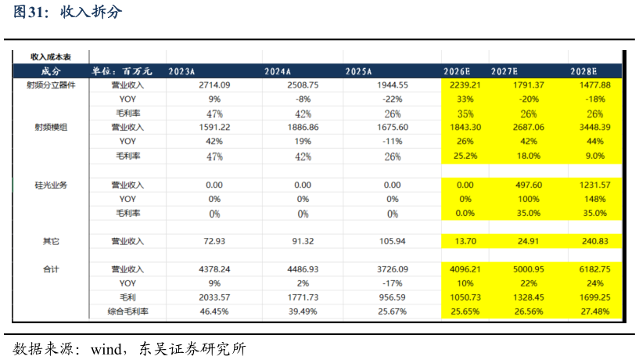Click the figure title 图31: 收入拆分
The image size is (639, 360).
[67, 12]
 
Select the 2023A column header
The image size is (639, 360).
[181, 71]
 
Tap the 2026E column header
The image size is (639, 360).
[457, 71]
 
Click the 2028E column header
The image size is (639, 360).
[583, 71]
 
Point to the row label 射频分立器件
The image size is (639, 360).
[51, 85]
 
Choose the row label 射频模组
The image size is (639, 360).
[51, 128]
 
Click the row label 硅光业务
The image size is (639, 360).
[51, 185]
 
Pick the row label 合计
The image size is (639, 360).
[51, 269]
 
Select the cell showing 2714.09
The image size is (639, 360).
[214, 85]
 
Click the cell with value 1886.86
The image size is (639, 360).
[303, 128]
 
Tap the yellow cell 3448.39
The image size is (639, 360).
[595, 128]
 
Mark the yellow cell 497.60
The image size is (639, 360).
[529, 185]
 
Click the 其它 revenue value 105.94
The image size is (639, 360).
[393, 241]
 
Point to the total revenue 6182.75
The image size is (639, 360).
[595, 269]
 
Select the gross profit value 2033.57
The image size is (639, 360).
[214, 297]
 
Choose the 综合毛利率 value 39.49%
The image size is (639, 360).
[303, 311]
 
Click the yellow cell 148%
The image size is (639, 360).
[595, 199]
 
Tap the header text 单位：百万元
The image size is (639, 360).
[121, 71]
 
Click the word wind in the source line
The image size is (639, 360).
[106, 349]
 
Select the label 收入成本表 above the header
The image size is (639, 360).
[51, 56]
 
